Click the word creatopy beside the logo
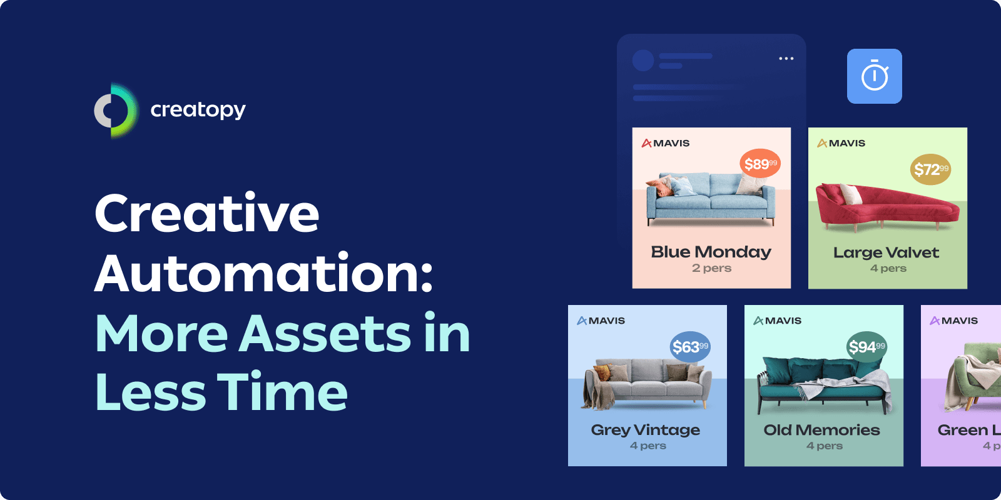pyautogui.click(x=198, y=110)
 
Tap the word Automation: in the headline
pyautogui.click(x=263, y=273)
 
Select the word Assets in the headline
pyautogui.click(x=325, y=333)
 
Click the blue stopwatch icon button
pyautogui.click(x=874, y=76)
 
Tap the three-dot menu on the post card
pyautogui.click(x=786, y=59)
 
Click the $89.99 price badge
pyautogui.click(x=760, y=164)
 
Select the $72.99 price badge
pyautogui.click(x=930, y=169)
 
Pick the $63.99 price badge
pyautogui.click(x=690, y=347)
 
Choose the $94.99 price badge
pyautogui.click(x=866, y=347)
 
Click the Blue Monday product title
pyautogui.click(x=711, y=252)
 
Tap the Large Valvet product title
pyautogui.click(x=886, y=252)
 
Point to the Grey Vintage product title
pyautogui.click(x=646, y=430)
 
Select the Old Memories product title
pyautogui.click(x=821, y=430)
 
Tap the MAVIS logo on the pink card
pyautogui.click(x=666, y=143)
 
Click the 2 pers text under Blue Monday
pyautogui.click(x=711, y=268)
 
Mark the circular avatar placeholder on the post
pyautogui.click(x=643, y=61)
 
